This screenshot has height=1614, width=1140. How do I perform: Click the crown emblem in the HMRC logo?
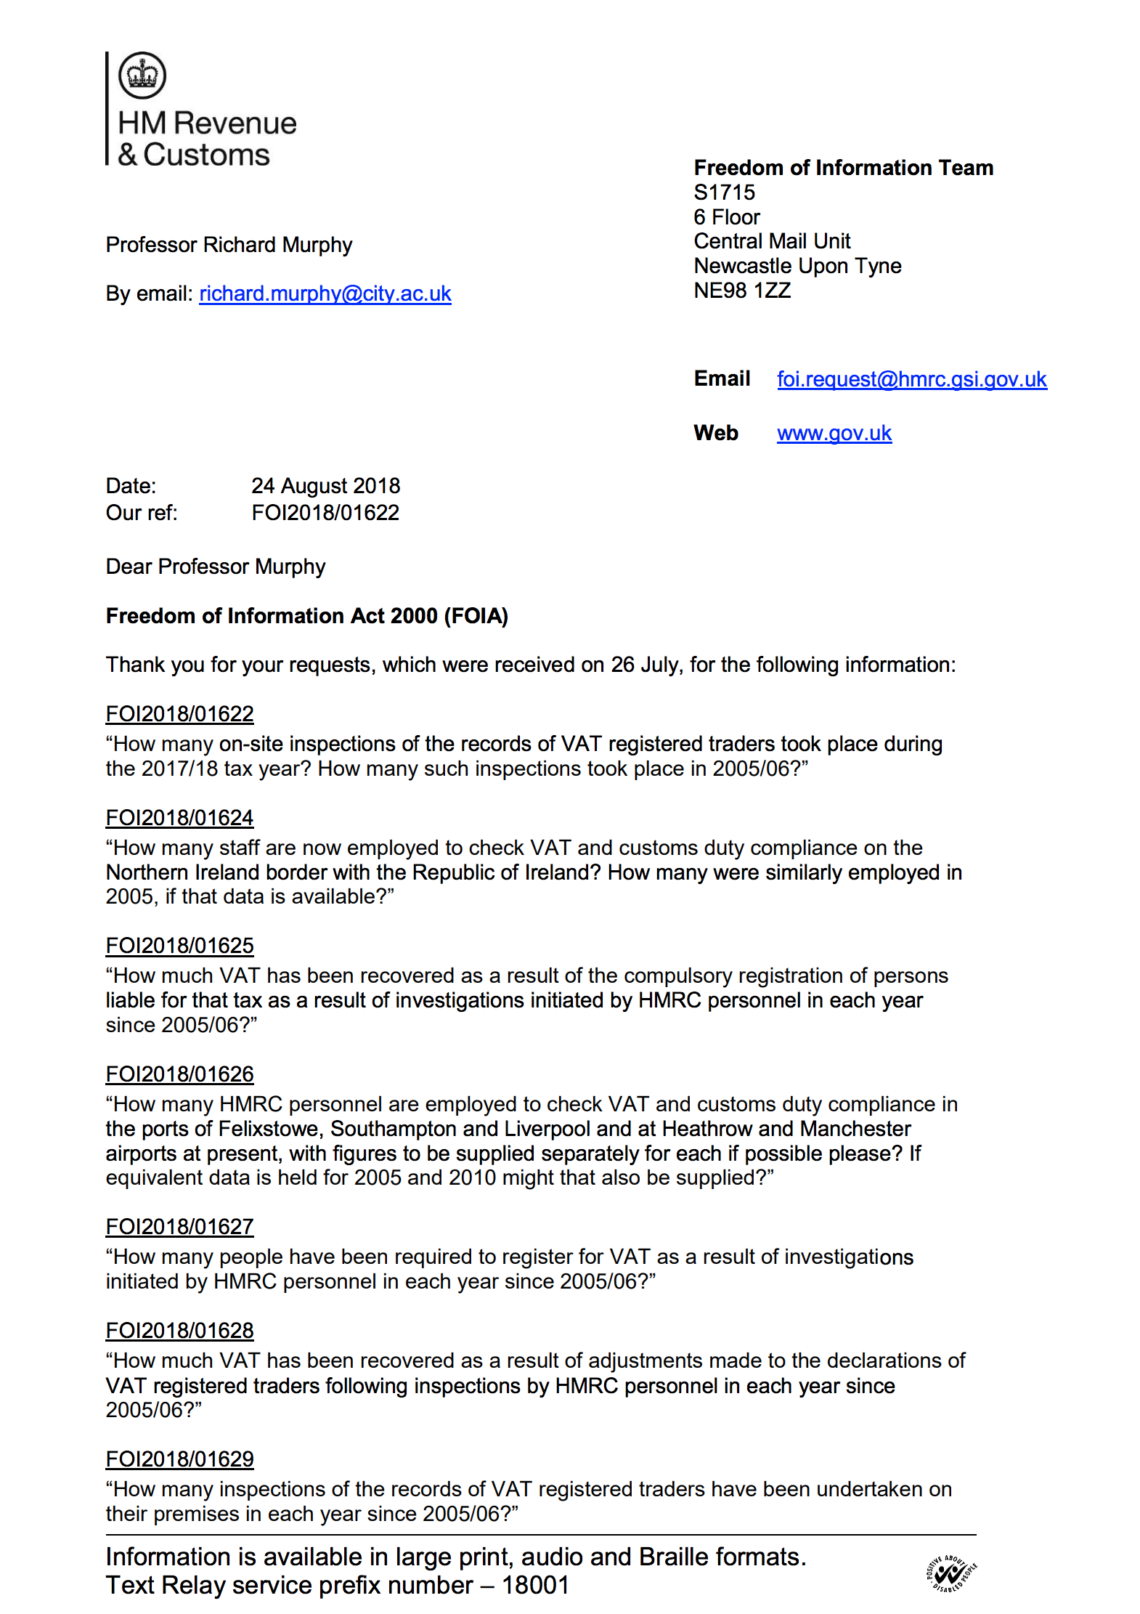[142, 75]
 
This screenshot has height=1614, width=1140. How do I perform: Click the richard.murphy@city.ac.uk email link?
[325, 293]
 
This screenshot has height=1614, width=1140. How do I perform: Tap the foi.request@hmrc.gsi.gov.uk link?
[911, 379]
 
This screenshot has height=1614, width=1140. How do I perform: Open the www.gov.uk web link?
[834, 433]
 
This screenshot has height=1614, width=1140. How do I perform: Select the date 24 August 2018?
[325, 486]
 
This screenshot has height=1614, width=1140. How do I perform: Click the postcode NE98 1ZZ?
[742, 291]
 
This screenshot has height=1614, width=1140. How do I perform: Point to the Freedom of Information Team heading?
[843, 168]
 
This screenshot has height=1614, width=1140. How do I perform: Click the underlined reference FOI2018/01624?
[179, 818]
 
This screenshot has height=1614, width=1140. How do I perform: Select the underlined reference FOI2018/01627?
[179, 1227]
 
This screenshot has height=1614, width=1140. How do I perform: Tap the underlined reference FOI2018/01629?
[179, 1459]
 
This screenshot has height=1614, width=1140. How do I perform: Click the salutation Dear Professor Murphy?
[216, 567]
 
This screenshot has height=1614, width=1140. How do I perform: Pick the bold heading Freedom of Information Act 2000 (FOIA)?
[306, 616]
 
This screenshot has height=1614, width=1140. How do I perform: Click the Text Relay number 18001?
[535, 1585]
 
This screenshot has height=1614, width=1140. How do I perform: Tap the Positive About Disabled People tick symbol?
[950, 1573]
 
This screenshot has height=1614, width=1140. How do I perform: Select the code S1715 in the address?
[724, 192]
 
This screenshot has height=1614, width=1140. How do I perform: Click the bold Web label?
[716, 433]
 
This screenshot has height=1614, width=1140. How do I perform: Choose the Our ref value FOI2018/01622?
[325, 513]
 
